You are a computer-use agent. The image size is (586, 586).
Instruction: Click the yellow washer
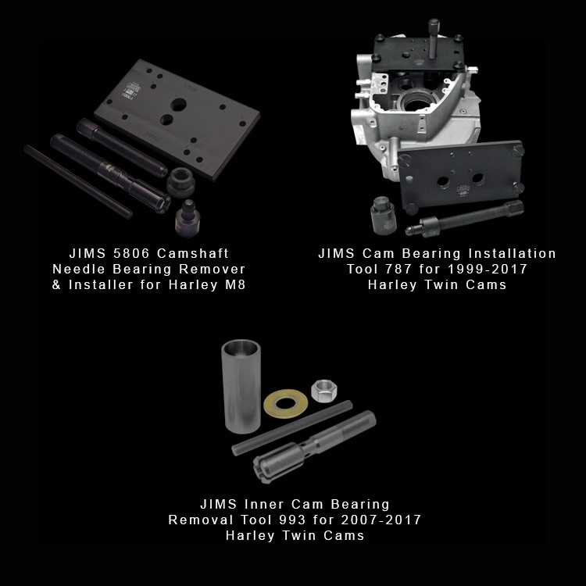[285, 404]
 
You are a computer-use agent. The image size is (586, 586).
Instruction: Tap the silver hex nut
[324, 391]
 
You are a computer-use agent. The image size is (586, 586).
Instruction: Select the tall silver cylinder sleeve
[241, 387]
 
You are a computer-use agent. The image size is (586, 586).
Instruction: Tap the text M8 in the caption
[235, 284]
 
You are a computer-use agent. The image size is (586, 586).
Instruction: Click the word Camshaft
[193, 253]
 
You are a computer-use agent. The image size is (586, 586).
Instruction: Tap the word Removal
[200, 520]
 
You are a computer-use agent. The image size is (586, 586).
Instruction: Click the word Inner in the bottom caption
[263, 504]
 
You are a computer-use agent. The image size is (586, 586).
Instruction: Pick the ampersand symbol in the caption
[56, 284]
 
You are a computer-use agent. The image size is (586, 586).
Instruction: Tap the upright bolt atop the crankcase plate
[434, 38]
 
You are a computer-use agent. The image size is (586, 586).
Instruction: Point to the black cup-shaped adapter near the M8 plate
[181, 182]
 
